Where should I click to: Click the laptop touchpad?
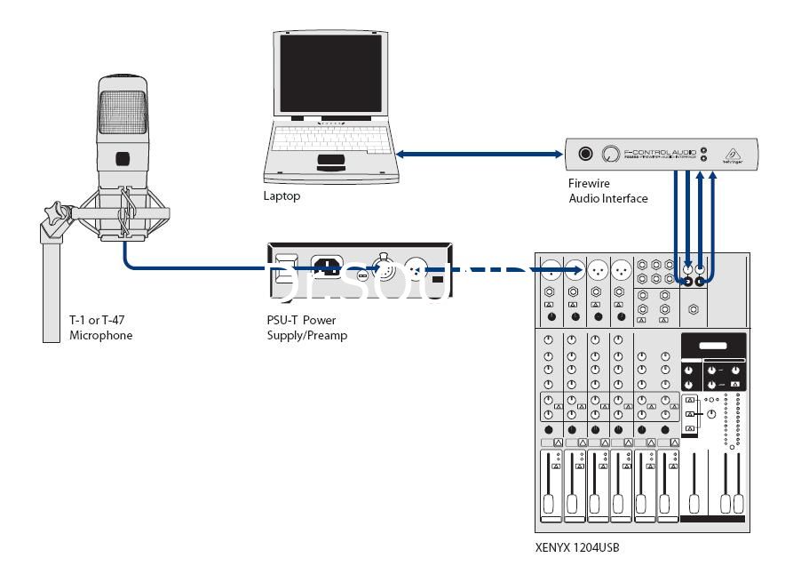click(330, 161)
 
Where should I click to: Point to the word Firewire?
click(590, 184)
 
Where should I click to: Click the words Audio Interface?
click(608, 198)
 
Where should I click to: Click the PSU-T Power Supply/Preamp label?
click(307, 329)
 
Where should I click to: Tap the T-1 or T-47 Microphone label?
click(101, 329)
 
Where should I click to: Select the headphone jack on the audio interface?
click(585, 154)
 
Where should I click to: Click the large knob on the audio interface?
click(610, 154)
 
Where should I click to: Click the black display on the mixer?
click(713, 346)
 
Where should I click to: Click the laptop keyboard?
click(330, 139)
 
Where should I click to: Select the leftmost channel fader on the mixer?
click(551, 489)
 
